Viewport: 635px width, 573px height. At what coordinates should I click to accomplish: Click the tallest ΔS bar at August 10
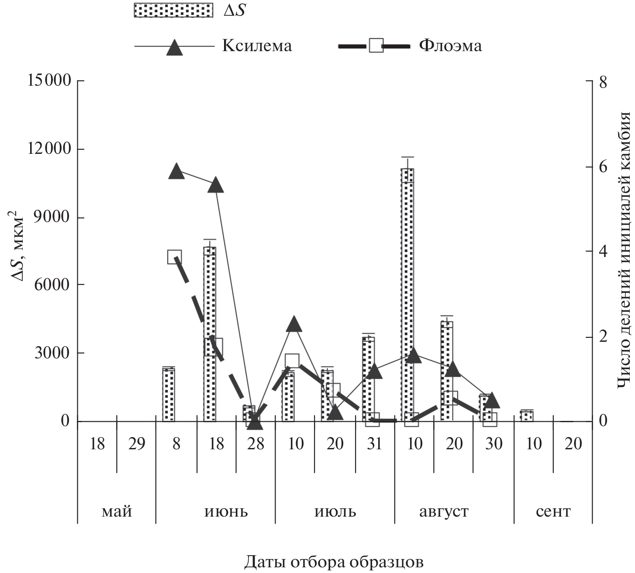[x=407, y=295]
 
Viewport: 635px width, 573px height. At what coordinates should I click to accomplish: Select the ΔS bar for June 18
[x=210, y=334]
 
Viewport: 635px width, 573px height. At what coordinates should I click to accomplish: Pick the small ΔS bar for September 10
[x=527, y=416]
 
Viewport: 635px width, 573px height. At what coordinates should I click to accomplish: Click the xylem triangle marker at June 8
[x=176, y=172]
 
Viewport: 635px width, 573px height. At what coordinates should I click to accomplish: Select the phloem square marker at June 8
[x=175, y=257]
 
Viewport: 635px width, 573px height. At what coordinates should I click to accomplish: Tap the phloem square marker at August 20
[x=450, y=398]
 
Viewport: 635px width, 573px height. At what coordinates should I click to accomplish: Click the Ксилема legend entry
[x=257, y=45]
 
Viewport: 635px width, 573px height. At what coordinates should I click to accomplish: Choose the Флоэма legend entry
[x=450, y=45]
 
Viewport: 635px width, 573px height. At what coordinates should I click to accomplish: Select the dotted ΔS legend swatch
[x=173, y=10]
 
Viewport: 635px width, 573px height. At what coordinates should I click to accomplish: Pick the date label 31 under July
[x=374, y=444]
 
